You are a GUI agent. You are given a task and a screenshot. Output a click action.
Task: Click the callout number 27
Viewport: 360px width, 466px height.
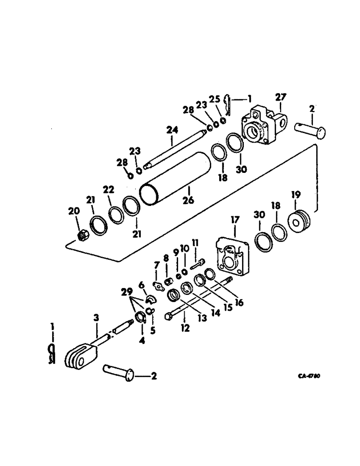pos(281,97)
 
